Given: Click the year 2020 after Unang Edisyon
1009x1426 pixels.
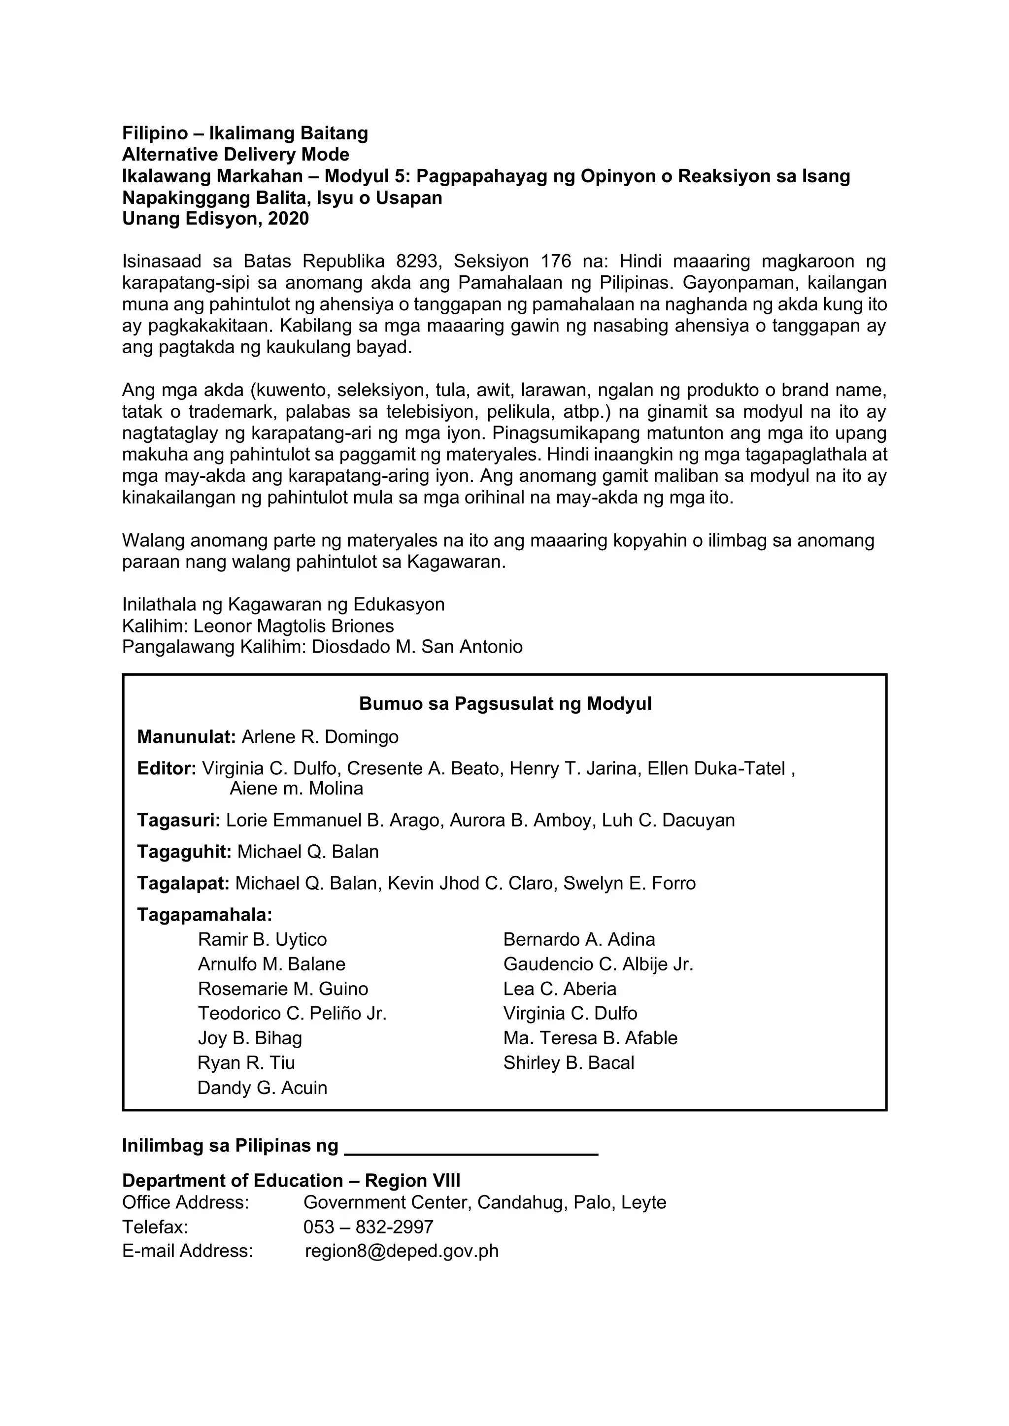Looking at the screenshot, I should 288,219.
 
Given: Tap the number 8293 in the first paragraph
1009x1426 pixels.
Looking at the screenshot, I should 417,262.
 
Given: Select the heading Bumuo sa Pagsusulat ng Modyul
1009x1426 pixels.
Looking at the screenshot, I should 505,704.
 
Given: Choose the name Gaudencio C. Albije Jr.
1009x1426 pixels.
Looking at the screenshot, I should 598,964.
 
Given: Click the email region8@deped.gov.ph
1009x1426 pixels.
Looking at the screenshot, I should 402,1250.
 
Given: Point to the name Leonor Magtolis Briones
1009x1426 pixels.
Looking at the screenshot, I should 293,626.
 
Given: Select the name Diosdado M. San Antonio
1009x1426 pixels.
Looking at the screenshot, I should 417,647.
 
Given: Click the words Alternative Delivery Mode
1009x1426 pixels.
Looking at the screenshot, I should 235,154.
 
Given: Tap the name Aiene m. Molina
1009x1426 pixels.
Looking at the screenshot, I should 297,789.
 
